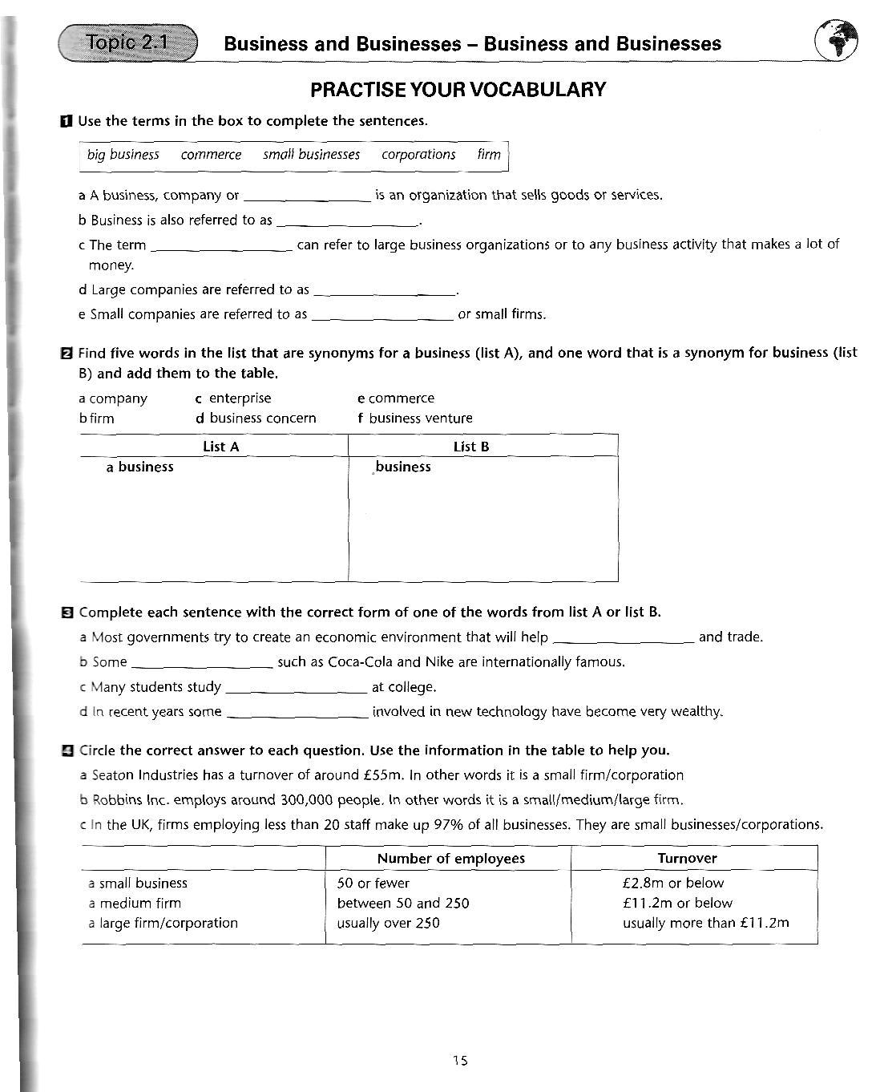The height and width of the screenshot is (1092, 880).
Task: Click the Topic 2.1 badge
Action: click(128, 42)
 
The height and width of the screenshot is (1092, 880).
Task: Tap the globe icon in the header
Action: click(836, 39)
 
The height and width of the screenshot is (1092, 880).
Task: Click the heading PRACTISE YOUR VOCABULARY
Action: click(458, 89)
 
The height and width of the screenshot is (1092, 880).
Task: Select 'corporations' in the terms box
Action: click(418, 155)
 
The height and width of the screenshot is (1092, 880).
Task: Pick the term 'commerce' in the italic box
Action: click(211, 155)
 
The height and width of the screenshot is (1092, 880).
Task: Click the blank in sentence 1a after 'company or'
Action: click(306, 196)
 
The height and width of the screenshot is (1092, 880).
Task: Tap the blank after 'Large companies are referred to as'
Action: click(384, 291)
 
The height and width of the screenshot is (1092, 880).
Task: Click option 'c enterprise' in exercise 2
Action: click(233, 398)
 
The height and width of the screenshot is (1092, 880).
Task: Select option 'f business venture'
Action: click(415, 419)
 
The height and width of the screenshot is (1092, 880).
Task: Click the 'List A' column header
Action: click(221, 447)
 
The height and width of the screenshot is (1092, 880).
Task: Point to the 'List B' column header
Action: click(470, 447)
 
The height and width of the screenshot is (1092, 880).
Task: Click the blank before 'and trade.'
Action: click(624, 639)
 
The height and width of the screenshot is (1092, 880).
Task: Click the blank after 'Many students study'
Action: click(297, 689)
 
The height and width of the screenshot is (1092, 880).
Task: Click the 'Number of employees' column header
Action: click(450, 859)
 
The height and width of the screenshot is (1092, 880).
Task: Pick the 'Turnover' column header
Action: click(687, 859)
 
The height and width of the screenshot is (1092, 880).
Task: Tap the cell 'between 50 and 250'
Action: click(403, 904)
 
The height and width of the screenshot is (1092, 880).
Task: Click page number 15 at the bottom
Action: click(459, 1061)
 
